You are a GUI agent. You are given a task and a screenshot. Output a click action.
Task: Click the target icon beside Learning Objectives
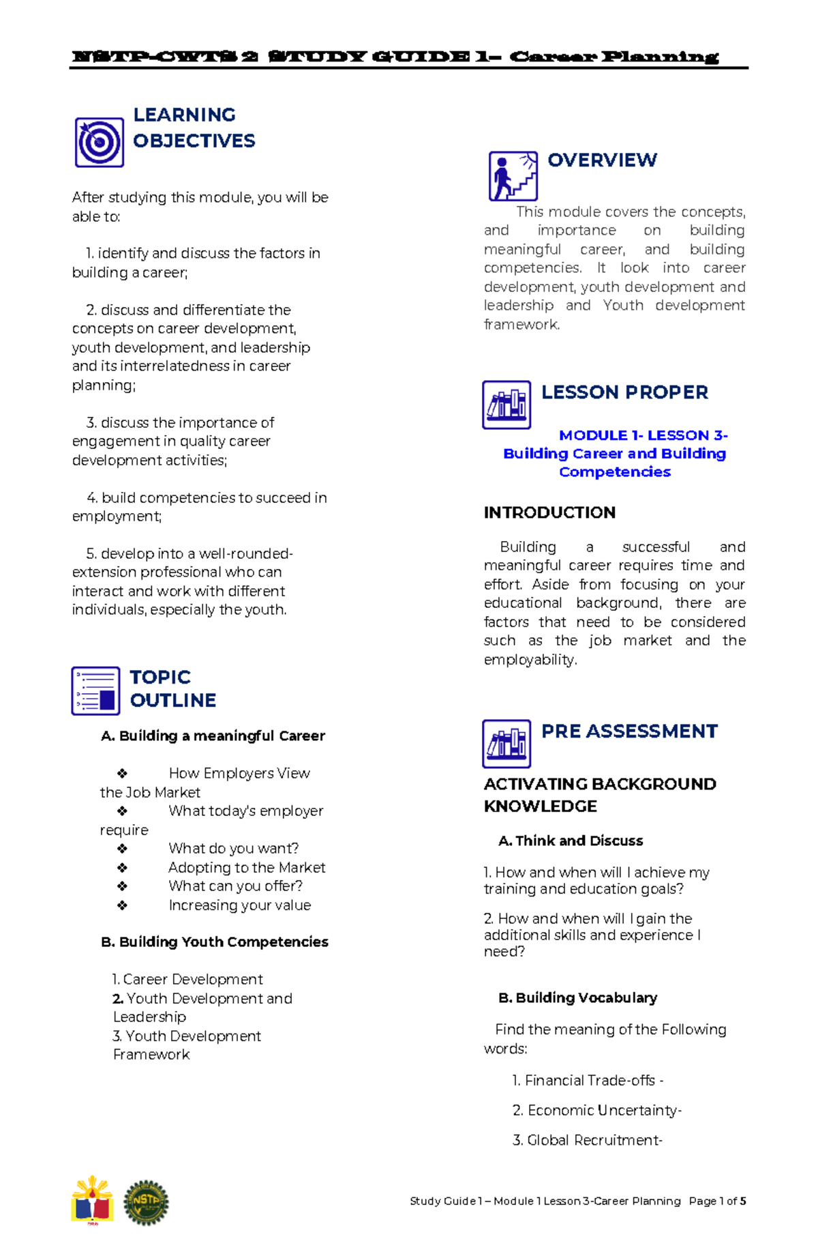[99, 142]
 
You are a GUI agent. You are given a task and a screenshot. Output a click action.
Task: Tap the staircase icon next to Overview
[513, 176]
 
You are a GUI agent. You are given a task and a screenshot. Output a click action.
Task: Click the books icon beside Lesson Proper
[506, 405]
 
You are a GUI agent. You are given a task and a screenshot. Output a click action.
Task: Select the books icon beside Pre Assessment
[506, 744]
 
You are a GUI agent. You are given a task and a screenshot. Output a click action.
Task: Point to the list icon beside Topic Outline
[95, 690]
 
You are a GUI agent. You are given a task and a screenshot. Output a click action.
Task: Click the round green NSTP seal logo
[146, 1203]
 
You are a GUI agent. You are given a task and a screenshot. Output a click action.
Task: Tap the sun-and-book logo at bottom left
[92, 1199]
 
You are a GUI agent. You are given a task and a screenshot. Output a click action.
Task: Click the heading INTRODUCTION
[549, 512]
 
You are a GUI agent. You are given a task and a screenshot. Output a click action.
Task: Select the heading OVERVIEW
[602, 160]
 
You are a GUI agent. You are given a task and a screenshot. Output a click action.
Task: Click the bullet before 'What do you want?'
[122, 849]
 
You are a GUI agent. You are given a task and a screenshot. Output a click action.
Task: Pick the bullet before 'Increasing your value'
[122, 905]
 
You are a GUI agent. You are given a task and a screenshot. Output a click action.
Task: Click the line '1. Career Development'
[187, 979]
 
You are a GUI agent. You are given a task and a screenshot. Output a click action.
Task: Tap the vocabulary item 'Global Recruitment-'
[587, 1140]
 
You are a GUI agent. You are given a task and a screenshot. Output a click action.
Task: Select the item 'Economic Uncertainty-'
[597, 1110]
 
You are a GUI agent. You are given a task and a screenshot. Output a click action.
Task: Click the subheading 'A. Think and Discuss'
[571, 841]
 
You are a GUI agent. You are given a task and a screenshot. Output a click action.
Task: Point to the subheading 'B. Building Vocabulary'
[577, 998]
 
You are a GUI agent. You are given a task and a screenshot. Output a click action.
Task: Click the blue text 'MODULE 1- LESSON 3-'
[643, 435]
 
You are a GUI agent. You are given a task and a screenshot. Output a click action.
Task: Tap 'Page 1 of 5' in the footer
[717, 1201]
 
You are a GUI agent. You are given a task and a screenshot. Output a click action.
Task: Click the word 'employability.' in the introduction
[530, 660]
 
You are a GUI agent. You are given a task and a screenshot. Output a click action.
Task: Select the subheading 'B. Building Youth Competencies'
[215, 942]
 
